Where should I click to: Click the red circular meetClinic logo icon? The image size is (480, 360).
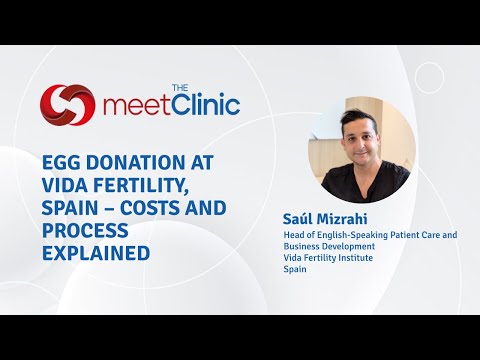(68, 104)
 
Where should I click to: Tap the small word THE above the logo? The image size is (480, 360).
(181, 87)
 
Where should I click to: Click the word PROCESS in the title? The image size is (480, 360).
(84, 230)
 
